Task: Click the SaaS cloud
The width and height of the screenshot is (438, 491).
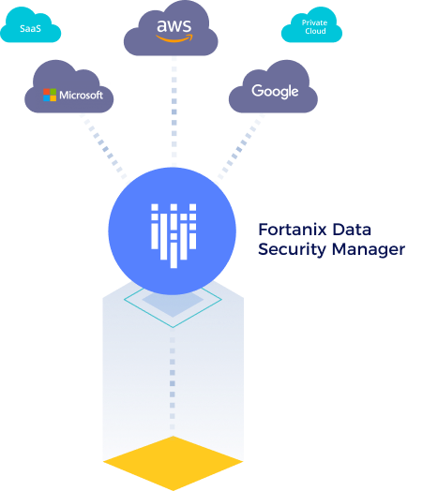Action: click(30, 26)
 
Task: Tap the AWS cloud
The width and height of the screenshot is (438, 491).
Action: click(171, 30)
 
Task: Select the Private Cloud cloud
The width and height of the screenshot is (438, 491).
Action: click(311, 26)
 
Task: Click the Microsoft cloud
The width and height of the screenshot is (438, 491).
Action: click(69, 88)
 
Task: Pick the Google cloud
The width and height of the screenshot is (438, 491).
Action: click(273, 88)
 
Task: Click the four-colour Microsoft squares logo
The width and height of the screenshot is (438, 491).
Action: click(50, 95)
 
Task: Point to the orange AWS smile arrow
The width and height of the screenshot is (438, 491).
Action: click(174, 38)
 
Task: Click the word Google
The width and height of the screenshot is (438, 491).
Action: click(275, 91)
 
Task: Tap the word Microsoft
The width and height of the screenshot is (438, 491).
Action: click(82, 95)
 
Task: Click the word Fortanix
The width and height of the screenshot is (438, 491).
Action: click(293, 230)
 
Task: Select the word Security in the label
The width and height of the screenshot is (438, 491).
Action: click(292, 250)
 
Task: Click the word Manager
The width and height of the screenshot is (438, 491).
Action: click(369, 250)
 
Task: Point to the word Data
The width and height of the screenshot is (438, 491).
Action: click(352, 230)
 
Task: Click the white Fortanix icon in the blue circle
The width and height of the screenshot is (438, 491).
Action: click(174, 235)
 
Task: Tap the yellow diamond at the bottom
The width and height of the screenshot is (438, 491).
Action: click(174, 463)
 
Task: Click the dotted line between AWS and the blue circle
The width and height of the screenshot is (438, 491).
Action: click(174, 112)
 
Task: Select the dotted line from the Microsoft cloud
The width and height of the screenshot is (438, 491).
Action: click(103, 145)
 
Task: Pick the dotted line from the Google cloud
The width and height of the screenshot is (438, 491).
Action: click(241, 146)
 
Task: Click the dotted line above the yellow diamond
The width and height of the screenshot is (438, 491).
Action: click(173, 383)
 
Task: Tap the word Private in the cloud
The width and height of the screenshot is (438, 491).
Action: click(314, 22)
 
